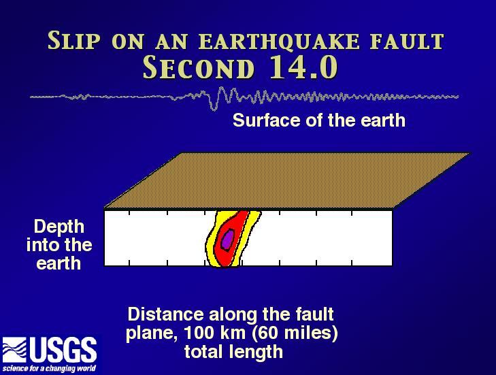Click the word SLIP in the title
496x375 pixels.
coord(74,40)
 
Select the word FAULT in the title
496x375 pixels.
coord(408,41)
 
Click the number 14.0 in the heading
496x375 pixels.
coord(304,67)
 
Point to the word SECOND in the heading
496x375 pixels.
coord(199,67)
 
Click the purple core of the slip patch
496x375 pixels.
coord(227,240)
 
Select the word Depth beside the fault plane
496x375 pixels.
coord(59,227)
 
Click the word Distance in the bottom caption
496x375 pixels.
coord(166,314)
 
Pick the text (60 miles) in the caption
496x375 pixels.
coord(295,333)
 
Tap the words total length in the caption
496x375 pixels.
coord(233,352)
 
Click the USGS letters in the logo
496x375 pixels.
coord(63,350)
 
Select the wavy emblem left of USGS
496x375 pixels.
coord(14,350)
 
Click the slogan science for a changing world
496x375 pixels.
coord(49,368)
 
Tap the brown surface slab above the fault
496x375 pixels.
coord(287,181)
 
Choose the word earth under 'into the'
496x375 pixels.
coord(59,263)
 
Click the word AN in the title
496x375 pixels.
coord(171,42)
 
